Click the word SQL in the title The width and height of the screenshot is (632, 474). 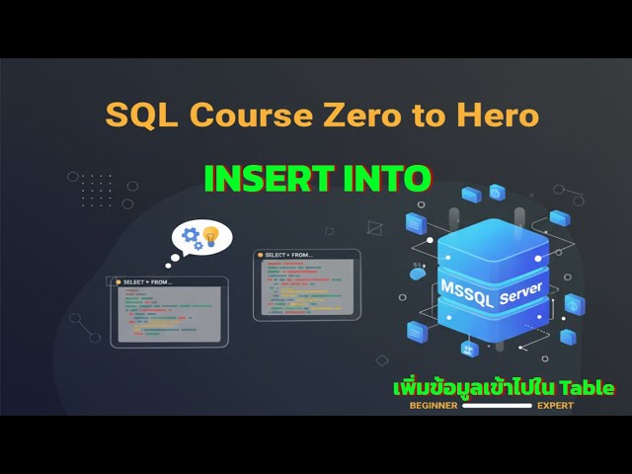coord(138,115)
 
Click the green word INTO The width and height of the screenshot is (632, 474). coord(388,178)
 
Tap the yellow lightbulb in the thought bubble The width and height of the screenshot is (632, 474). coord(209,237)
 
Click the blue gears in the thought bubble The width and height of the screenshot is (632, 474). coord(191,238)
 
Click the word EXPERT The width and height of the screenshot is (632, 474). coord(555,405)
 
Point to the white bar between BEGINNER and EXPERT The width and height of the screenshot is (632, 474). coord(497,405)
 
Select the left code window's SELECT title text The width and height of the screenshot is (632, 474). coord(147,282)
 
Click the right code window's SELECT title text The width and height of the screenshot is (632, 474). coord(288,255)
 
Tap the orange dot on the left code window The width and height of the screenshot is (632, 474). coord(118,282)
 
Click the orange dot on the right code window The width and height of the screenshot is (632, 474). coord(260,255)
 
